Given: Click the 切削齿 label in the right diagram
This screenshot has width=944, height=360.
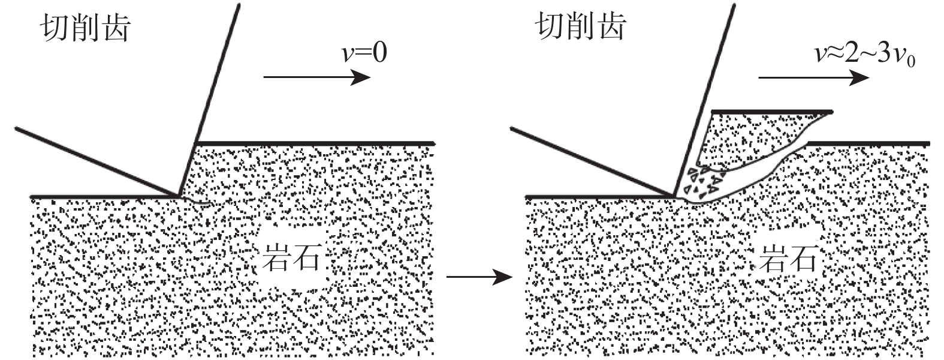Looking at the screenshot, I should (581, 26).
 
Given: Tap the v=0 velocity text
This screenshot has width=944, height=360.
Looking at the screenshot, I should (364, 53).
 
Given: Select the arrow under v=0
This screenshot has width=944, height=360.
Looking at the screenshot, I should (316, 77).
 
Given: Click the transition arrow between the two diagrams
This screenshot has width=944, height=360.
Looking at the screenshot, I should (480, 277).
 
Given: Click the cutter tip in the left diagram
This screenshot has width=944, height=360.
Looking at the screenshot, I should (179, 194).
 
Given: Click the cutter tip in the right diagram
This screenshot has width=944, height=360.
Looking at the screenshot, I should (675, 194).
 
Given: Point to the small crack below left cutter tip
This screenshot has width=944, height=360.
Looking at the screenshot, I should (198, 202).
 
